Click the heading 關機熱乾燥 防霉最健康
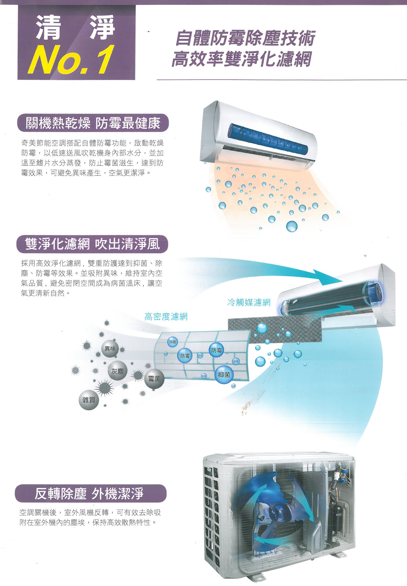(x=93, y=123)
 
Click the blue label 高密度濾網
(x=166, y=317)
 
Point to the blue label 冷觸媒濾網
(x=249, y=303)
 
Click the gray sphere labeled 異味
(x=110, y=348)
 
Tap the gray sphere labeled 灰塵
(x=117, y=371)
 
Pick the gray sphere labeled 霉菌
(x=154, y=379)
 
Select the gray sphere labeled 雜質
(x=89, y=400)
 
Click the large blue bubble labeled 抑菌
(x=224, y=375)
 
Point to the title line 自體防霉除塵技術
(x=245, y=38)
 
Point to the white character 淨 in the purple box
(x=102, y=28)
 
